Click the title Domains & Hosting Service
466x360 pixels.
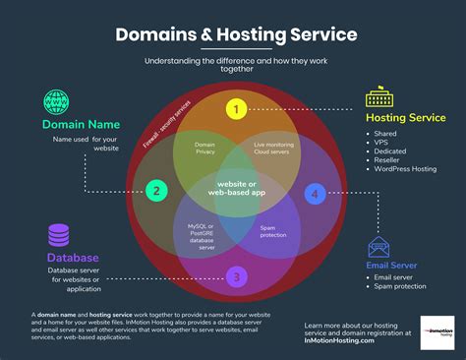click(x=236, y=35)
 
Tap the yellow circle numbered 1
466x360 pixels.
click(x=235, y=108)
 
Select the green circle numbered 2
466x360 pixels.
click(x=154, y=190)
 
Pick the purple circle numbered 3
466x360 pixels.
click(x=235, y=276)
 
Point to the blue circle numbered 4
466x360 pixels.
click(x=314, y=193)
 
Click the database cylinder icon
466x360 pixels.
click(x=58, y=235)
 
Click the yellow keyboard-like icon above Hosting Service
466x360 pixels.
click(x=379, y=98)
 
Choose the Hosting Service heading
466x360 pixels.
click(x=406, y=118)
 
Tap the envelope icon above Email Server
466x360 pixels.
click(x=379, y=248)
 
